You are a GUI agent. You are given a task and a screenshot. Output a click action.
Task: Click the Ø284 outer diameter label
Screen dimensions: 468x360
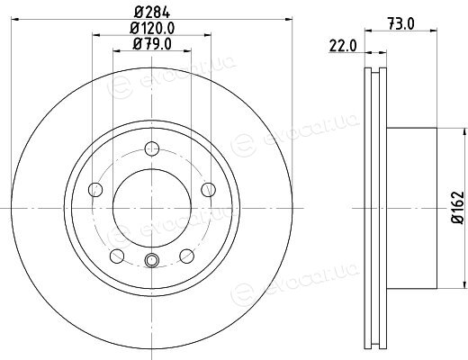(152, 13)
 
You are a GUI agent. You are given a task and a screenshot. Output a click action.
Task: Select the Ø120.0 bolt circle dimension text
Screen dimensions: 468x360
(152, 29)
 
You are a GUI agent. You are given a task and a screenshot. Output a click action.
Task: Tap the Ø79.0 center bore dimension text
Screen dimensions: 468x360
(152, 44)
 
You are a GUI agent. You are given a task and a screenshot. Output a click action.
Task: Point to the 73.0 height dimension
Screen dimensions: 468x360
(400, 24)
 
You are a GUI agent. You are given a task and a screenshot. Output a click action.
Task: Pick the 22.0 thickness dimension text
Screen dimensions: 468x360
(343, 46)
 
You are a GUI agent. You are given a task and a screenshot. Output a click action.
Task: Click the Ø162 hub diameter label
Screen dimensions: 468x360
(458, 207)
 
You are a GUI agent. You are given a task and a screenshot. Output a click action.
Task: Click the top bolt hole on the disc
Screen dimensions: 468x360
(152, 148)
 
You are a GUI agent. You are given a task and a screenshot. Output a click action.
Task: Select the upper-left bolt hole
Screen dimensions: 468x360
(95, 190)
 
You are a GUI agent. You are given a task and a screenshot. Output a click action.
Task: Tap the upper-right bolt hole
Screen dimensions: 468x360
(208, 190)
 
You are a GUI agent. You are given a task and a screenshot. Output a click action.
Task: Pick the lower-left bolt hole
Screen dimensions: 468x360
(117, 256)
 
